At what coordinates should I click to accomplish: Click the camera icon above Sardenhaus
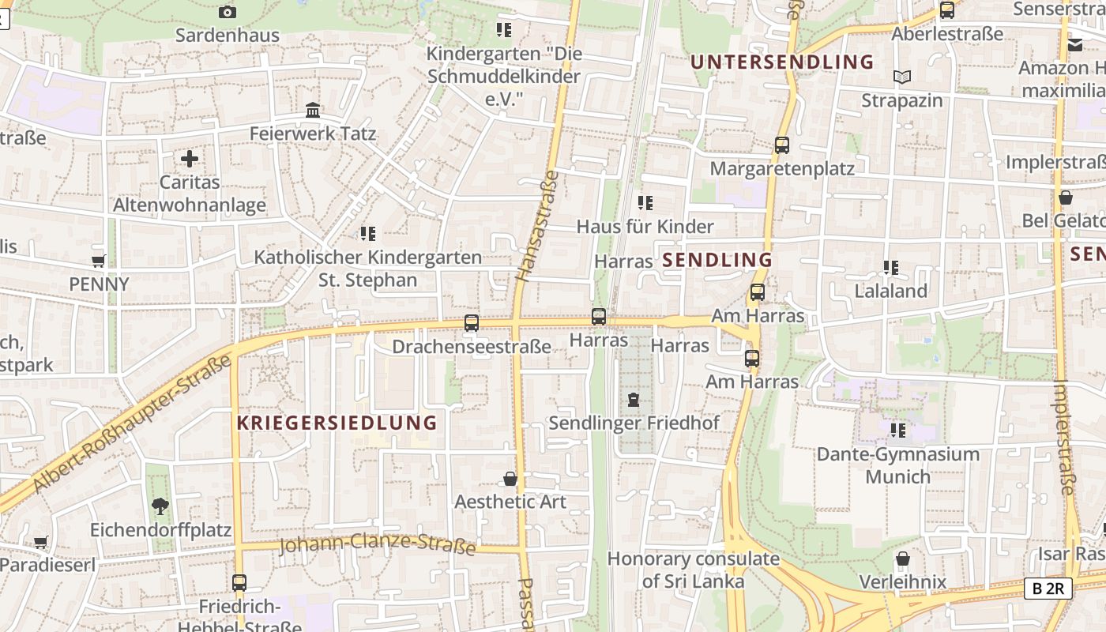pyautogui.click(x=227, y=12)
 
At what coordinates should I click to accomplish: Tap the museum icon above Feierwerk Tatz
pyautogui.click(x=313, y=110)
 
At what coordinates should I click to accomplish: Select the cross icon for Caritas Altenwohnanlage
pyautogui.click(x=190, y=159)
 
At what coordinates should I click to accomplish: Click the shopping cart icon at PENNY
pyautogui.click(x=99, y=261)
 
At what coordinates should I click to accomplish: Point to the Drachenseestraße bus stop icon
pyautogui.click(x=472, y=322)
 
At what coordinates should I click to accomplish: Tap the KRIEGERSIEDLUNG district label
pyautogui.click(x=337, y=423)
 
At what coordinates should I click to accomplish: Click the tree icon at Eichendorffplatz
pyautogui.click(x=160, y=506)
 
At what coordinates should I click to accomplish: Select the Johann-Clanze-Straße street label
pyautogui.click(x=378, y=544)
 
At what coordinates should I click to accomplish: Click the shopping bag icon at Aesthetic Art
pyautogui.click(x=510, y=479)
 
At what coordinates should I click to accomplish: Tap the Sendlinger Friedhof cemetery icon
pyautogui.click(x=634, y=400)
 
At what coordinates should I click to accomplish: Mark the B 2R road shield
pyautogui.click(x=1048, y=588)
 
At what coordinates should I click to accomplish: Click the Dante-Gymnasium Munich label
pyautogui.click(x=897, y=465)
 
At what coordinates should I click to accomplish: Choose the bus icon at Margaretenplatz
pyautogui.click(x=782, y=145)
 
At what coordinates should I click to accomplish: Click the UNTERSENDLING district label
pyautogui.click(x=782, y=62)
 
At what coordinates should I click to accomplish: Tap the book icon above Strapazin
pyautogui.click(x=902, y=77)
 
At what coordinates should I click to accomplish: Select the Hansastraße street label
pyautogui.click(x=536, y=226)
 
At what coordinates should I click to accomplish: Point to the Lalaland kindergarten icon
pyautogui.click(x=891, y=267)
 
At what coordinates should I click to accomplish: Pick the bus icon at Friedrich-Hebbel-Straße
pyautogui.click(x=239, y=583)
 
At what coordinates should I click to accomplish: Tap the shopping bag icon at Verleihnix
pyautogui.click(x=903, y=559)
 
